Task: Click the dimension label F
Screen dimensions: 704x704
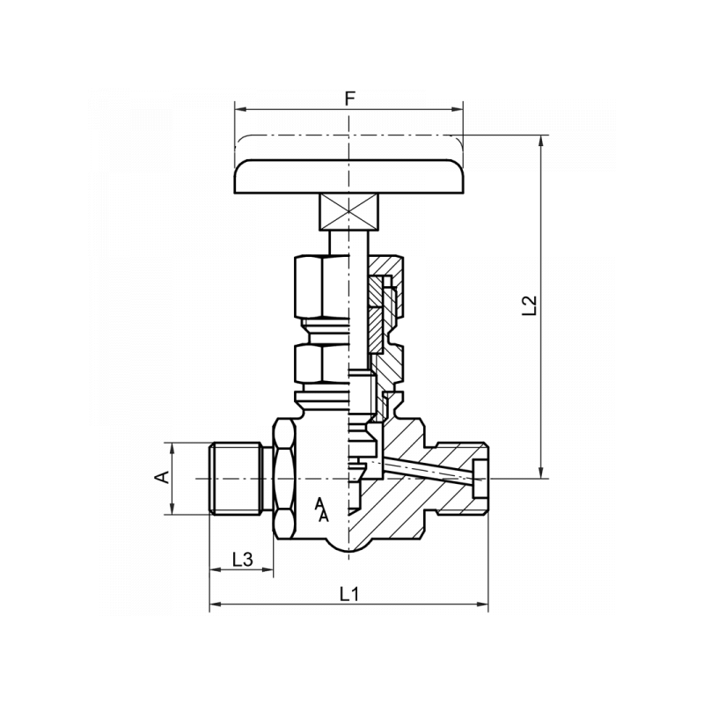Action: tap(349, 98)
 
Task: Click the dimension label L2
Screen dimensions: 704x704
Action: tap(528, 305)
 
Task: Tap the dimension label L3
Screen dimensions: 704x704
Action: tap(242, 559)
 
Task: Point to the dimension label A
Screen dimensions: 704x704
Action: tap(161, 478)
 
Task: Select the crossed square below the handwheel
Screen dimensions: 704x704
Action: tap(349, 212)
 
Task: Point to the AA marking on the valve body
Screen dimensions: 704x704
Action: tap(322, 510)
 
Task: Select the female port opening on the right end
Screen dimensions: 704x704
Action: tap(479, 480)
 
